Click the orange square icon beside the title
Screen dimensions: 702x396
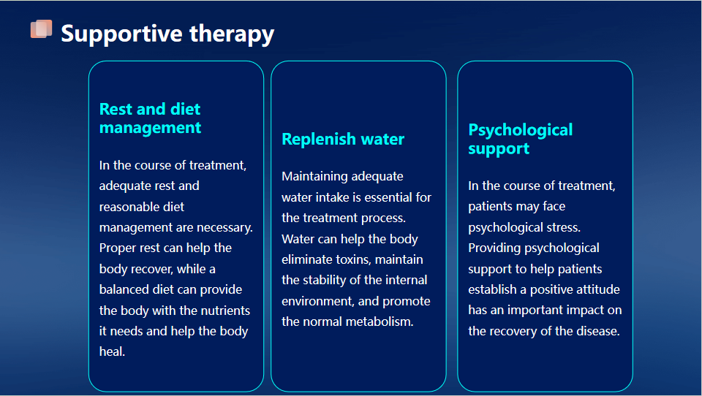point(41,29)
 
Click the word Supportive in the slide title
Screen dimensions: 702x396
point(122,34)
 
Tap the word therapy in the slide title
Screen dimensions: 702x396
point(232,34)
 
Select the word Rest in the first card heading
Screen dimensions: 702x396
point(116,109)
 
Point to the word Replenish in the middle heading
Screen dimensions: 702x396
point(319,139)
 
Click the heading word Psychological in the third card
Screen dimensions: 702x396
point(520,130)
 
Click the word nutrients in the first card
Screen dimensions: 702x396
point(225,310)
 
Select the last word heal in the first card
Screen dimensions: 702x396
point(112,351)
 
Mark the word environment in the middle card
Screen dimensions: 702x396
point(317,301)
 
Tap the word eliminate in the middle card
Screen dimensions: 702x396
point(306,259)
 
